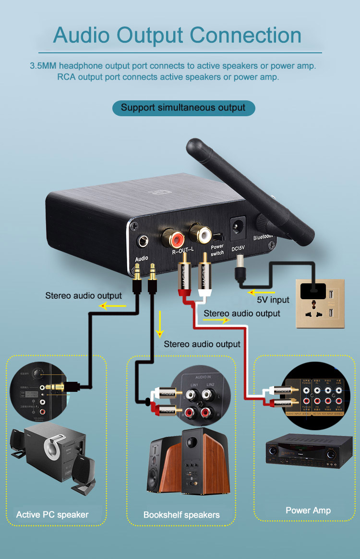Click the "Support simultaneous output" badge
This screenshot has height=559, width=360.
tap(183, 108)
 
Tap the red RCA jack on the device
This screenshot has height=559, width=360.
tap(173, 236)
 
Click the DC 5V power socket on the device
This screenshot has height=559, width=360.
tap(238, 226)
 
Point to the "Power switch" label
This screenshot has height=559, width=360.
tap(217, 249)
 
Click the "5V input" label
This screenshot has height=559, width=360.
tap(273, 300)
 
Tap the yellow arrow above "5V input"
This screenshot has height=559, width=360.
tap(262, 292)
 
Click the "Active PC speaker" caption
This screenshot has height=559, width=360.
tap(52, 515)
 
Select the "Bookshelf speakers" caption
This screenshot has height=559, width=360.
tap(181, 515)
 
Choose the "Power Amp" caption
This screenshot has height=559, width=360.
tap(308, 510)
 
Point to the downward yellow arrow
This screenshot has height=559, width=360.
tap(160, 323)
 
